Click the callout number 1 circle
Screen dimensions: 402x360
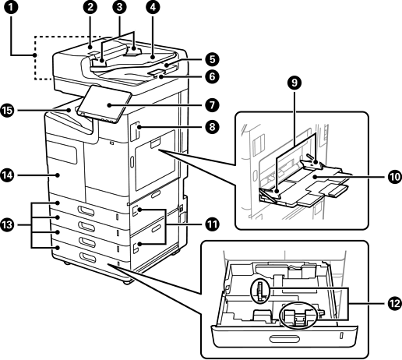click(11, 7)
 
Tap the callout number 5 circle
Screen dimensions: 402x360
click(212, 59)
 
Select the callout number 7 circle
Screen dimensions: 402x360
click(212, 105)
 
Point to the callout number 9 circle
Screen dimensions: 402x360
click(294, 83)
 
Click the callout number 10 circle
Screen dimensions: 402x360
click(395, 177)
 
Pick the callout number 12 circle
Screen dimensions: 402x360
click(395, 303)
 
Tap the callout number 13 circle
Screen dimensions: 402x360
click(8, 224)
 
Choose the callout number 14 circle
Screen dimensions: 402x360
click(8, 175)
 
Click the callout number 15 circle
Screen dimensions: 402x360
click(8, 111)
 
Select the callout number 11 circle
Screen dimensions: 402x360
click(212, 224)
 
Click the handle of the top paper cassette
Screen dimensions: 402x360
click(86, 210)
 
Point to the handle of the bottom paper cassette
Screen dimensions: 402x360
click(88, 257)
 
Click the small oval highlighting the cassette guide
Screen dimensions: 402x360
click(260, 291)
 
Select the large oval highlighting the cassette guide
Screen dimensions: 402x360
click(298, 315)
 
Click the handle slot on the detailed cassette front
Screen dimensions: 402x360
click(284, 339)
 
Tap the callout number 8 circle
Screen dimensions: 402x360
click(212, 127)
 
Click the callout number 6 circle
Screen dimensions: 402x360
click(212, 76)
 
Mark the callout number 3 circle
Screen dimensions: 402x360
click(119, 7)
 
